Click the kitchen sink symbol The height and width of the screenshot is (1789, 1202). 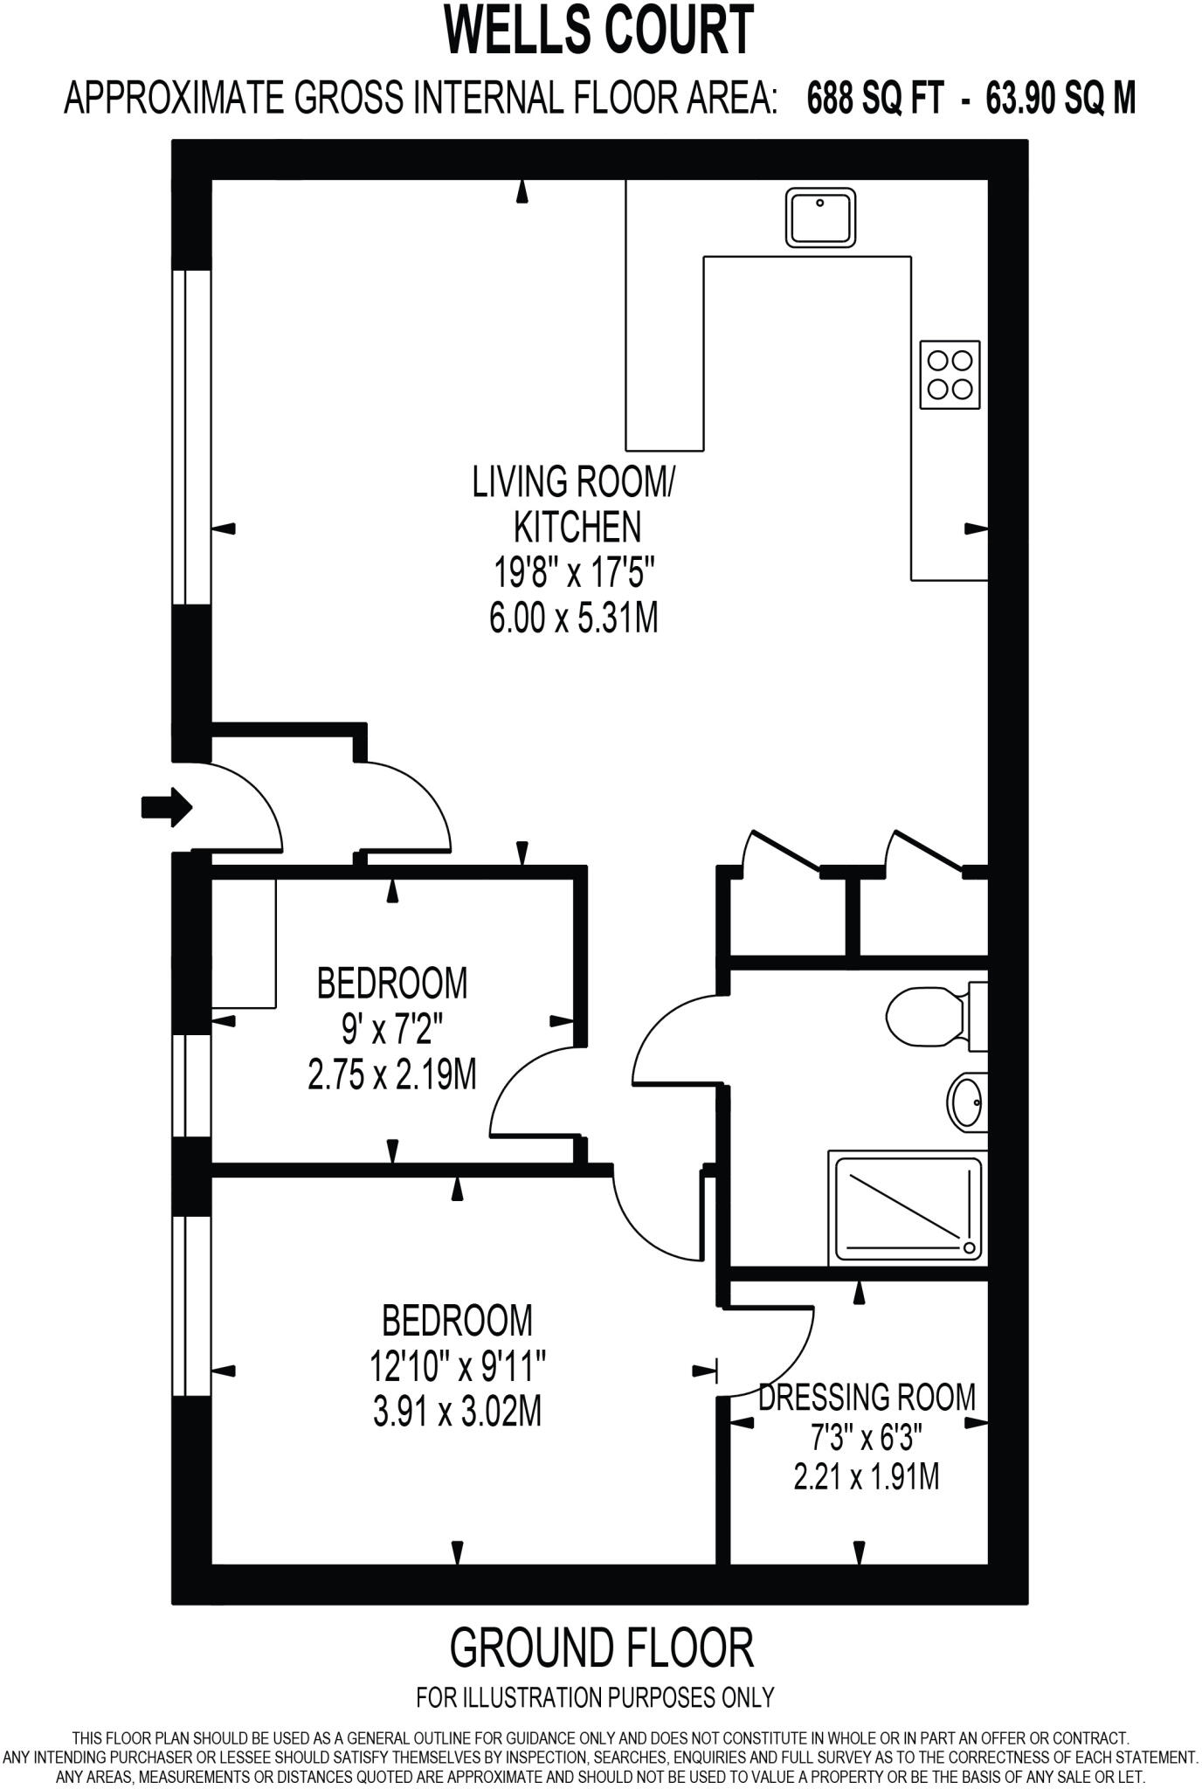pyautogui.click(x=820, y=218)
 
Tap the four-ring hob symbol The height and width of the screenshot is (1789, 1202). pyautogui.click(x=950, y=374)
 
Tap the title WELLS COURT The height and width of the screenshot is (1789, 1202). pyautogui.click(x=599, y=31)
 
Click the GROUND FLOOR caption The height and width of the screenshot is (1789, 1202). pyautogui.click(x=601, y=1647)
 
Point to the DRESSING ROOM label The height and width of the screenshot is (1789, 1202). pyautogui.click(x=867, y=1397)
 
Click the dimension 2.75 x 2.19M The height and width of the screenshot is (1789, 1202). pyautogui.click(x=392, y=1074)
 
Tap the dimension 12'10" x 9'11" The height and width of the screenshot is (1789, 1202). pyautogui.click(x=458, y=1365)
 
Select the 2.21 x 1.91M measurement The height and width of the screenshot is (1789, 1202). pyautogui.click(x=867, y=1477)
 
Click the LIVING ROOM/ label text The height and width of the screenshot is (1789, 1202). pyautogui.click(x=574, y=482)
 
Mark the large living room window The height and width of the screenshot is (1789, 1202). pyautogui.click(x=191, y=437)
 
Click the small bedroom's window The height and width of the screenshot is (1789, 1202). pyautogui.click(x=191, y=1085)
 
